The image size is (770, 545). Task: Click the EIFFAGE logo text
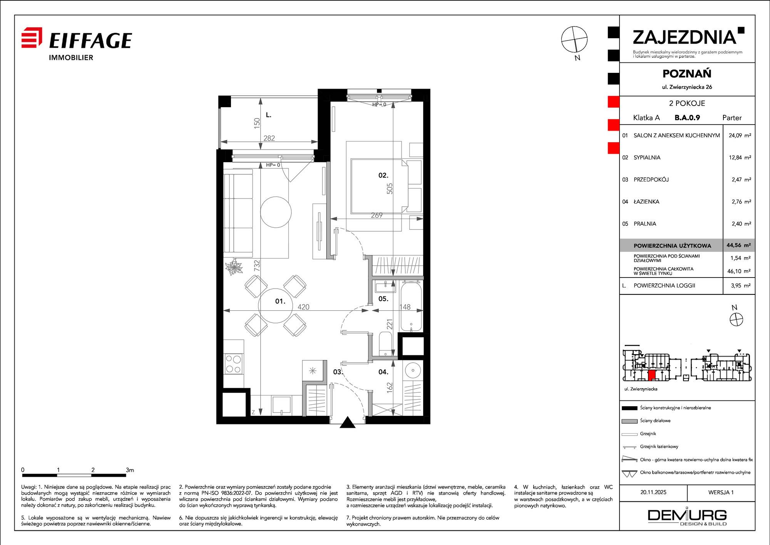pyautogui.click(x=91, y=40)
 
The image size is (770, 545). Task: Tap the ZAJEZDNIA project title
pyautogui.click(x=685, y=37)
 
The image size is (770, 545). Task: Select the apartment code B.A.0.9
pyautogui.click(x=687, y=118)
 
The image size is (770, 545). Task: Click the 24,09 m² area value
pyautogui.click(x=740, y=135)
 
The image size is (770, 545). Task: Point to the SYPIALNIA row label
pyautogui.click(x=647, y=157)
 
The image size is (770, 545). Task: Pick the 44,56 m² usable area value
pyautogui.click(x=738, y=245)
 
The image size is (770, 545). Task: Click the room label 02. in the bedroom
pyautogui.click(x=383, y=175)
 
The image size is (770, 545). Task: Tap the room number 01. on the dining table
pyautogui.click(x=280, y=301)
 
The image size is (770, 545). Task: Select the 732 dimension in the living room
pyautogui.click(x=257, y=265)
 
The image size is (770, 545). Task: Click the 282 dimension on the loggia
pyautogui.click(x=269, y=138)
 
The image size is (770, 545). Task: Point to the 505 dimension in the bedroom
pyautogui.click(x=390, y=188)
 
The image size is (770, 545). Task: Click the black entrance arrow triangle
pyautogui.click(x=348, y=422)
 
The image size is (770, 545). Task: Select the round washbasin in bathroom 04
pyautogui.click(x=413, y=370)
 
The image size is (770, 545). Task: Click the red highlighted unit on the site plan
pyautogui.click(x=651, y=375)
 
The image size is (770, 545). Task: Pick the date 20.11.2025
pyautogui.click(x=653, y=492)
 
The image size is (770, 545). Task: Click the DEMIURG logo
pyautogui.click(x=687, y=516)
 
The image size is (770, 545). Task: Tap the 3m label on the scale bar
pyautogui.click(x=130, y=470)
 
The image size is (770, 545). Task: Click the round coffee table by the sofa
pyautogui.click(x=276, y=212)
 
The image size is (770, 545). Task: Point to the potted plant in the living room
pyautogui.click(x=234, y=267)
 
